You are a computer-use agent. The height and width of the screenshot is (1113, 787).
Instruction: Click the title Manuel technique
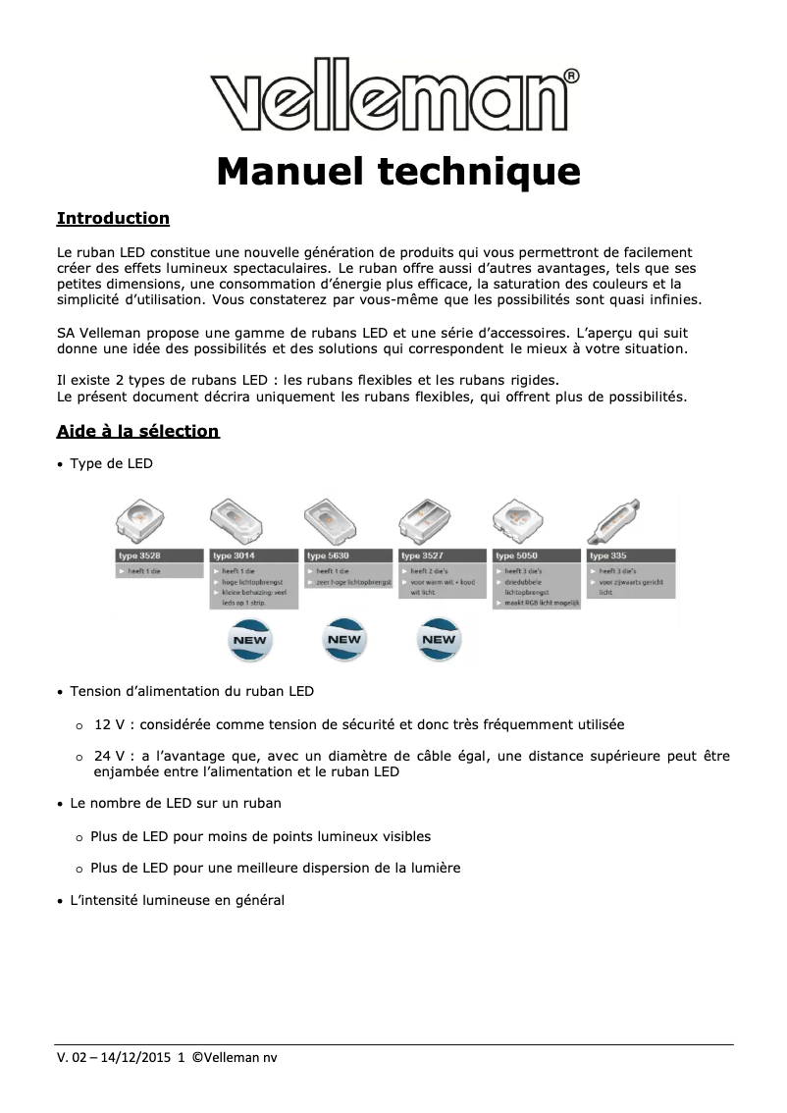[x=398, y=171]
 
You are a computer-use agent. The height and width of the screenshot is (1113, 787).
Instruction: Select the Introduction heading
[x=113, y=218]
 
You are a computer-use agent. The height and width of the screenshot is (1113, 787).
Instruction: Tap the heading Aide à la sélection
[x=137, y=431]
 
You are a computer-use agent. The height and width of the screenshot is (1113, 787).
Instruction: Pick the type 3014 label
[x=234, y=556]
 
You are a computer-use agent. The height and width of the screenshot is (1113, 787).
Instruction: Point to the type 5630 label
[x=328, y=556]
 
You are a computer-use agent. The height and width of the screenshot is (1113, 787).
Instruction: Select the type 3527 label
[x=422, y=556]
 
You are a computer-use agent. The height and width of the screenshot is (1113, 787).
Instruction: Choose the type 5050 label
[x=516, y=556]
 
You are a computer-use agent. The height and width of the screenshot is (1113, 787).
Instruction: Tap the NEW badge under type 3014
[x=249, y=640]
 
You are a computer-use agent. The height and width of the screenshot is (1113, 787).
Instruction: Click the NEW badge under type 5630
[x=344, y=640]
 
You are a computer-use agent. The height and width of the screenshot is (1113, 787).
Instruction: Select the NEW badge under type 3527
[x=439, y=640]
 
